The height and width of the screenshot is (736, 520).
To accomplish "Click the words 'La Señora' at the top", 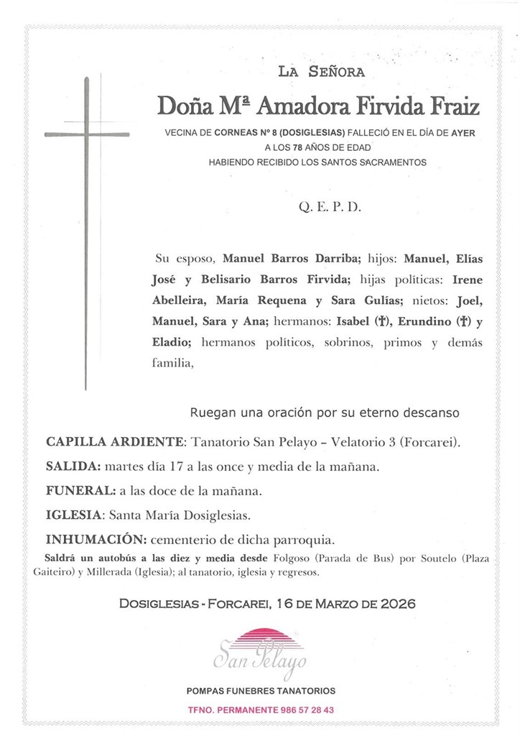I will (321, 71).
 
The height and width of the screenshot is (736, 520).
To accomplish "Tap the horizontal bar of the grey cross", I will (86, 134).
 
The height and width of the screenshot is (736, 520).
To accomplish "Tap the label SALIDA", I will (73, 466).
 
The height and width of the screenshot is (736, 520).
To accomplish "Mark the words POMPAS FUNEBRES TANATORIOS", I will (261, 691).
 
